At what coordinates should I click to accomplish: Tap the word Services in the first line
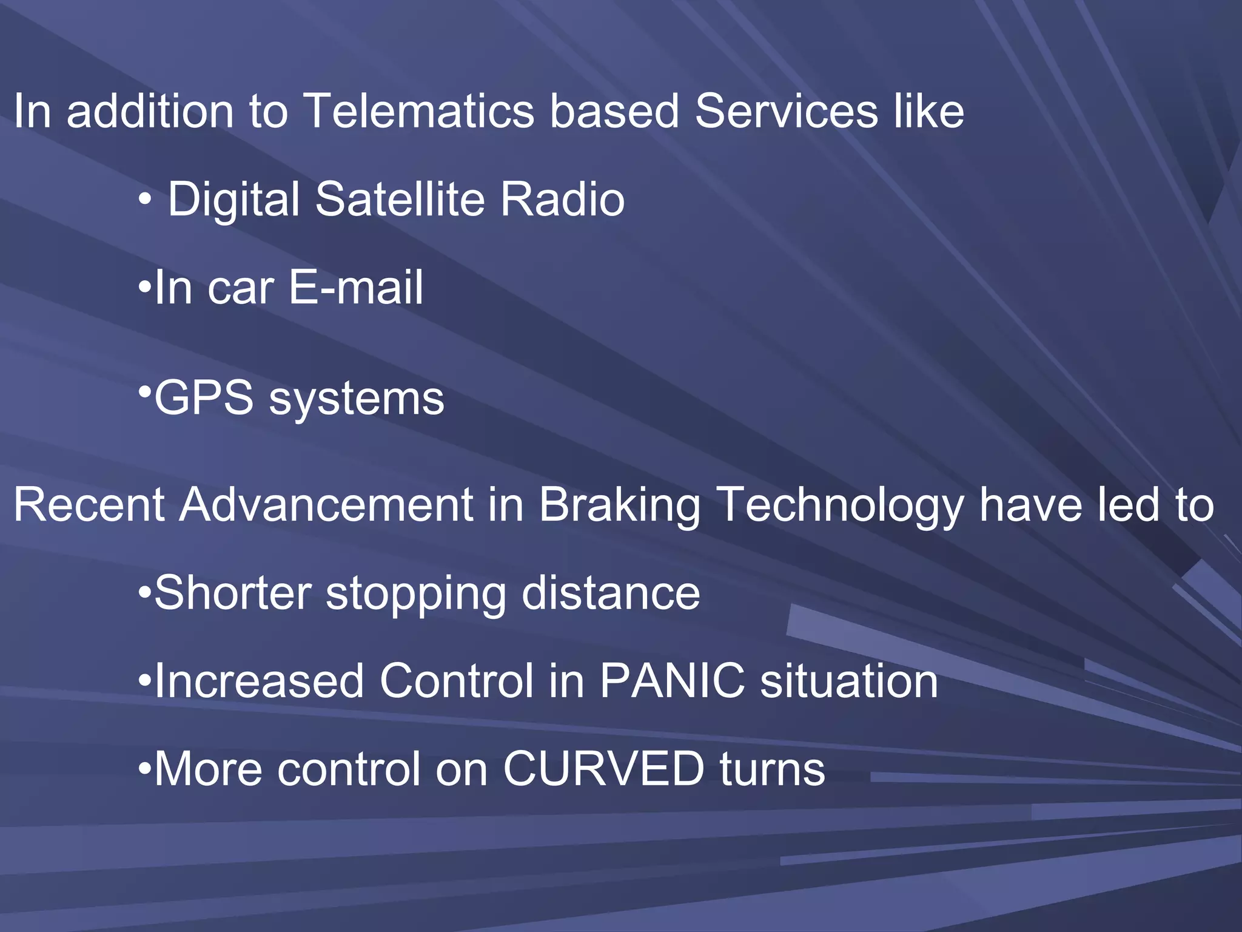click(x=786, y=111)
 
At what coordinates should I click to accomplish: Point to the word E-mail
click(x=355, y=287)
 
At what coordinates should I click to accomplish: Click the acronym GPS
click(x=204, y=398)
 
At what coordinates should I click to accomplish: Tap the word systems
click(x=357, y=400)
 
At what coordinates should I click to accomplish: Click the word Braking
click(x=619, y=505)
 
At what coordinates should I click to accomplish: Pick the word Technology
click(x=839, y=505)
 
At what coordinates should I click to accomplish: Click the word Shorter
click(x=232, y=593)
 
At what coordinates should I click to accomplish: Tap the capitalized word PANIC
click(x=672, y=681)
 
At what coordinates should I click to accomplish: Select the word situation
click(x=849, y=681)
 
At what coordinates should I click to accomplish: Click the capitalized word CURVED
click(x=603, y=769)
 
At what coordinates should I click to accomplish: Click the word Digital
click(x=233, y=200)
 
